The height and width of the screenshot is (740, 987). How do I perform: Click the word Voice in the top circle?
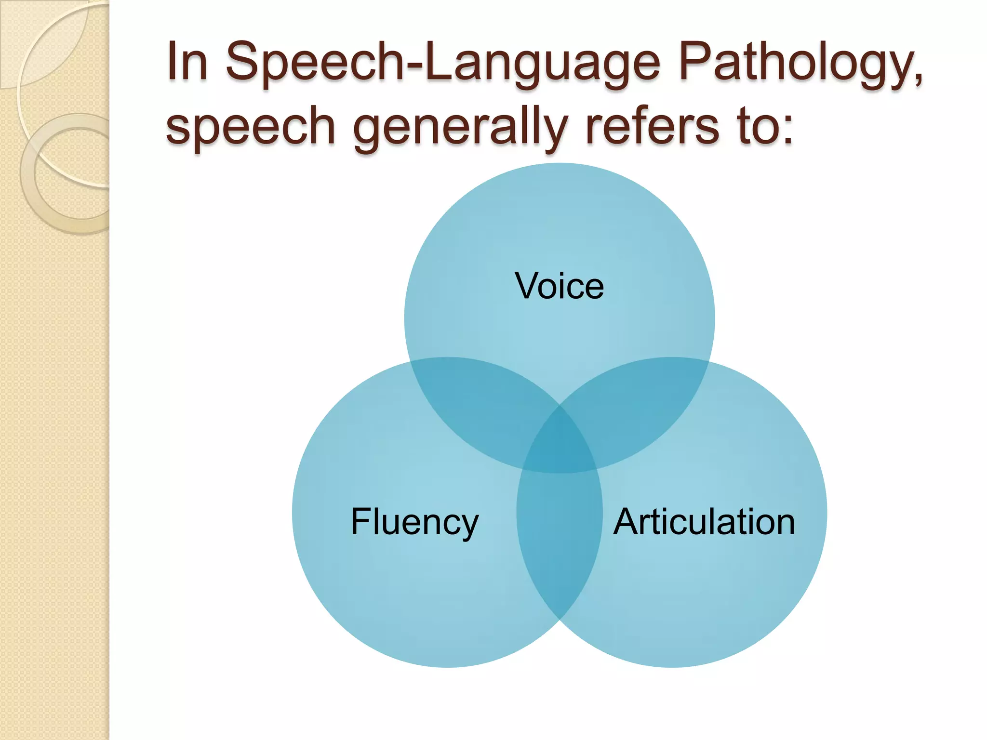[559, 286]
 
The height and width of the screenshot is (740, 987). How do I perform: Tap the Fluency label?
[414, 522]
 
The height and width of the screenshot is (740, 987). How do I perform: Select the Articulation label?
[704, 522]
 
